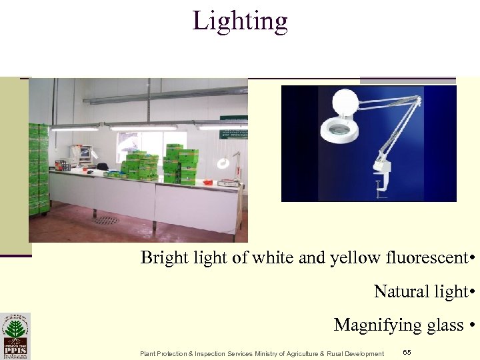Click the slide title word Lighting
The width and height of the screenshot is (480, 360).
click(x=240, y=21)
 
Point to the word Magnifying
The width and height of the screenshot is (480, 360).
click(x=371, y=325)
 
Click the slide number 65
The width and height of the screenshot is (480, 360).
click(x=407, y=351)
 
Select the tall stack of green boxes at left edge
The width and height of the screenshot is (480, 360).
click(x=39, y=169)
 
